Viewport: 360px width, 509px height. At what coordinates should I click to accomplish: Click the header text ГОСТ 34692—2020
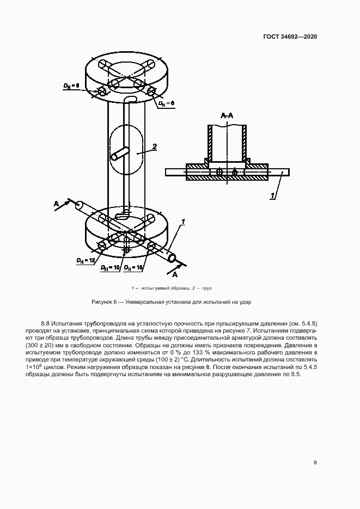290,37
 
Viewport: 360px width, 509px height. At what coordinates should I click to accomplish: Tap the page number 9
315,463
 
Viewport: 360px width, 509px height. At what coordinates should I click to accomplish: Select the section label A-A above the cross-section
227,116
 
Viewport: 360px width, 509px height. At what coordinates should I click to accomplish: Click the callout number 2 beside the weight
155,146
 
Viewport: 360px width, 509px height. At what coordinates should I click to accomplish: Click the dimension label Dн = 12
87,261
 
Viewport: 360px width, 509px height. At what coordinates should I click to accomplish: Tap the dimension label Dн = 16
133,267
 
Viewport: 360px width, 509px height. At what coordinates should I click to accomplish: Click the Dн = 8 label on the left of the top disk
71,85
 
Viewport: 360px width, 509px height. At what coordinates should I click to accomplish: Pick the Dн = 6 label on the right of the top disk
166,103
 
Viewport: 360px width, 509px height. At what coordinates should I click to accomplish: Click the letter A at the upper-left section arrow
56,203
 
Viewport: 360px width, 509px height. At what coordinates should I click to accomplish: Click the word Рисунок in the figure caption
102,302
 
